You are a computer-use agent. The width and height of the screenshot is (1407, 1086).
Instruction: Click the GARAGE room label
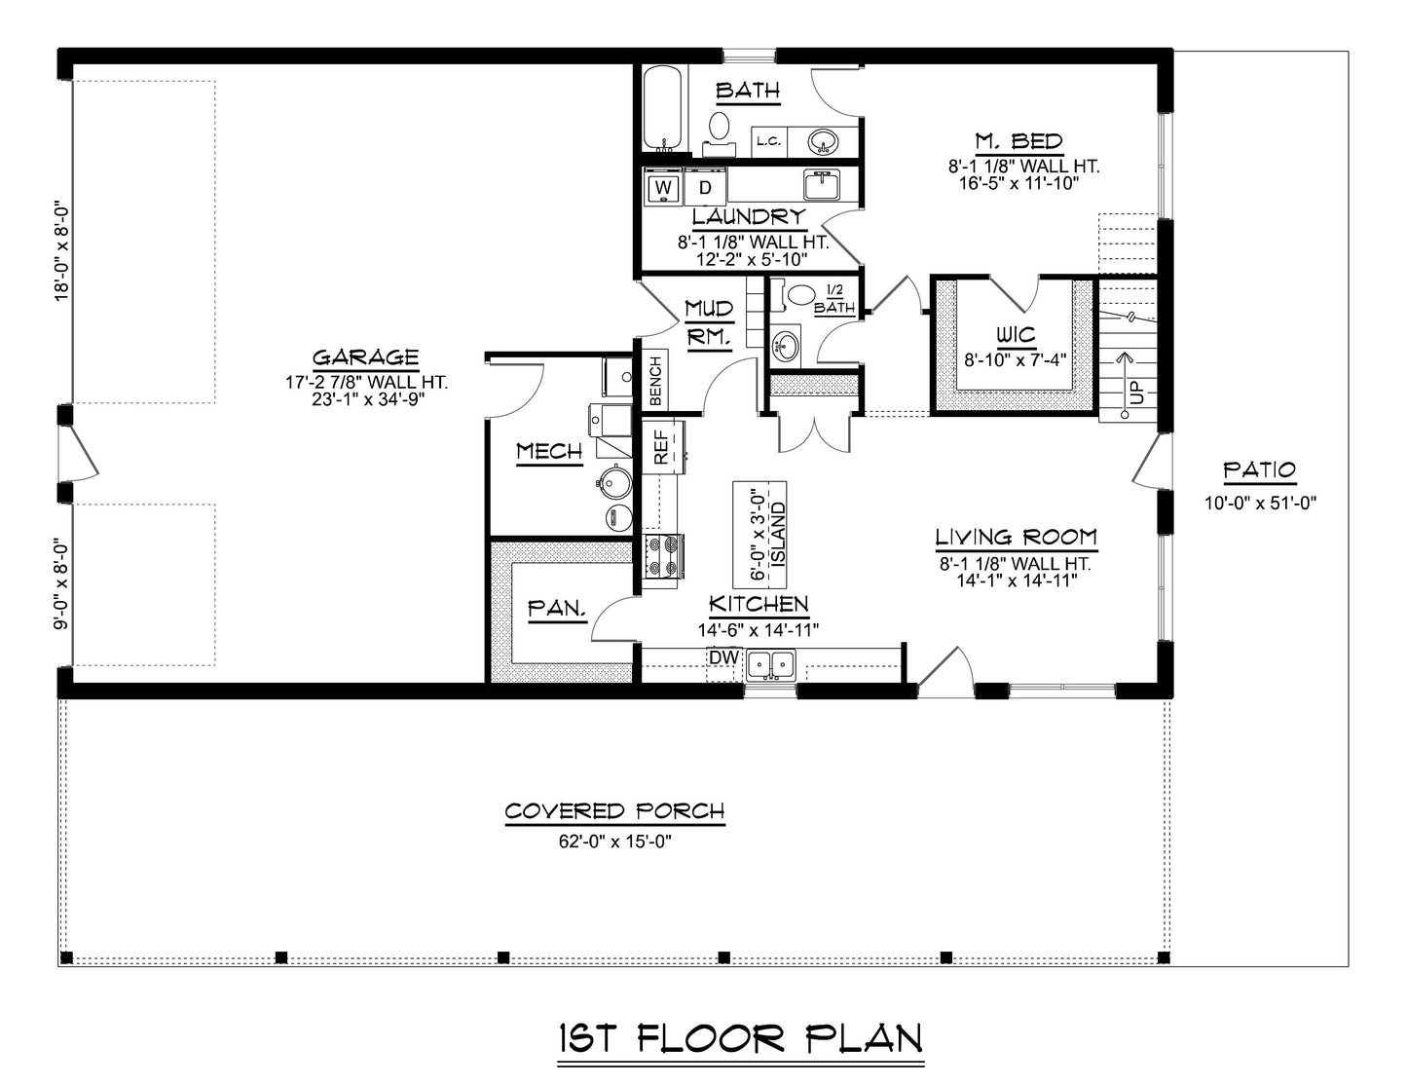pyautogui.click(x=365, y=357)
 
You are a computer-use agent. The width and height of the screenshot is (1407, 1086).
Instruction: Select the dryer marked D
pyautogui.click(x=706, y=187)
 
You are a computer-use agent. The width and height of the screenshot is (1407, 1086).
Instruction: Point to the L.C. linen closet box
pyautogui.click(x=768, y=142)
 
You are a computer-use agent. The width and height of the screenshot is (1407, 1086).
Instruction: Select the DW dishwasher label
pyautogui.click(x=722, y=658)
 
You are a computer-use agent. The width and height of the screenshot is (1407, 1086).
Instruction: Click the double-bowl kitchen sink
pyautogui.click(x=770, y=665)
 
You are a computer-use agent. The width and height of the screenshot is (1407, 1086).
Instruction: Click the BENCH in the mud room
pyautogui.click(x=655, y=381)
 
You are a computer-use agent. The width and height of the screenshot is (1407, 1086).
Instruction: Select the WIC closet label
pyautogui.click(x=1016, y=335)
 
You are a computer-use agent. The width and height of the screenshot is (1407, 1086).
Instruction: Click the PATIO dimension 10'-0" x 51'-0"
pyautogui.click(x=1260, y=504)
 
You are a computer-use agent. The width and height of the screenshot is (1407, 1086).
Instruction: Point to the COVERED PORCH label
pyautogui.click(x=614, y=811)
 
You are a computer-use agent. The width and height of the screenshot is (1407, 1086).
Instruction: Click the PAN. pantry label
pyautogui.click(x=557, y=610)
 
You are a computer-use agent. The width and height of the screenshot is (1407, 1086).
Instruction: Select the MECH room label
pyautogui.click(x=549, y=451)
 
